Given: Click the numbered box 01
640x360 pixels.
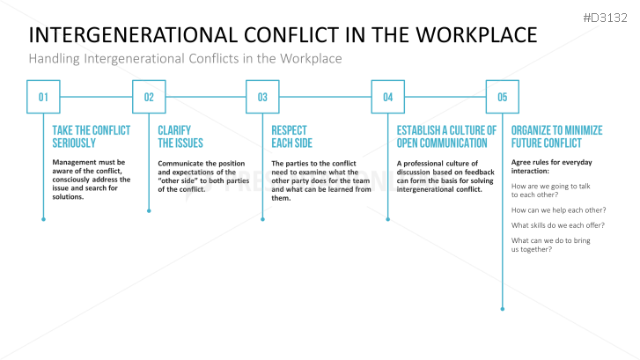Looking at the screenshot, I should [43, 97].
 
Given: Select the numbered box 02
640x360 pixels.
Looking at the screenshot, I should [149, 97].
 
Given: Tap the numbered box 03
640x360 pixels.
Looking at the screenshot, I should [262, 97].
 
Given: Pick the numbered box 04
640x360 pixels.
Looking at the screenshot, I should [387, 97].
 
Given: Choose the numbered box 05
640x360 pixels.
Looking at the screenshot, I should [502, 97].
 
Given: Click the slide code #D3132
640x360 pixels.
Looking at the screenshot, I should [607, 17].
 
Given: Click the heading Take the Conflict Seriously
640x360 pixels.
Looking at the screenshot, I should [92, 136].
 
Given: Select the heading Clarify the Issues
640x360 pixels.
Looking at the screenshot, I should [180, 136].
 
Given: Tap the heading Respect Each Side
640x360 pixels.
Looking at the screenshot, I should [292, 136].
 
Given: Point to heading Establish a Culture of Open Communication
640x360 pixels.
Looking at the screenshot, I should [446, 136].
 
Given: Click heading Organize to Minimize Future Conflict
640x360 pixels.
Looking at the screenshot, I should [556, 136].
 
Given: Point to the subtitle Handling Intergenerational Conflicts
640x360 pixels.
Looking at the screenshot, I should [185, 58].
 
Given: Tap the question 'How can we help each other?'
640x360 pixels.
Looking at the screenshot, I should [558, 209].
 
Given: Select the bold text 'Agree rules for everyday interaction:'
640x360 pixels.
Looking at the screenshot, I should [552, 166].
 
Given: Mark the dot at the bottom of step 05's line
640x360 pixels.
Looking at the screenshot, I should [502, 308].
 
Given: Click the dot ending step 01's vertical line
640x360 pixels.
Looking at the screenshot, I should [43, 218].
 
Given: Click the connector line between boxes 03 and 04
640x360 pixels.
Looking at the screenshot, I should [325, 97].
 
